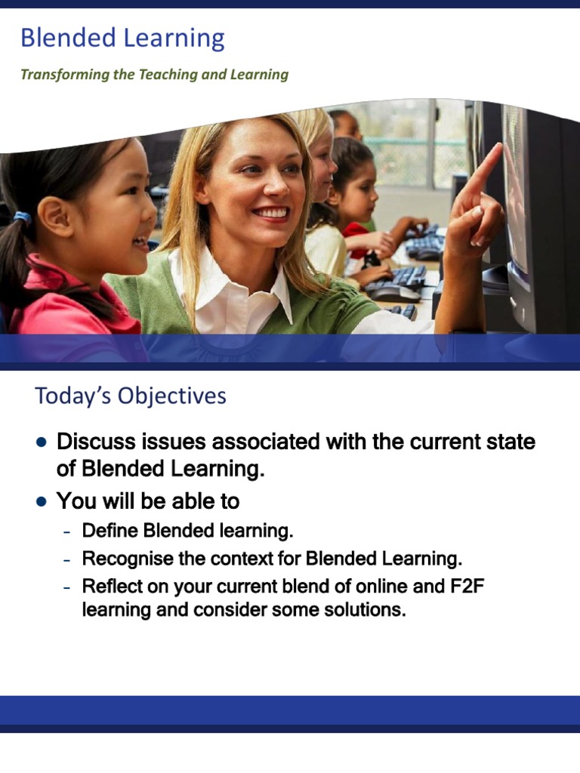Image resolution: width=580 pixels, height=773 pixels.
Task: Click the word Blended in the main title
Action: click(x=67, y=38)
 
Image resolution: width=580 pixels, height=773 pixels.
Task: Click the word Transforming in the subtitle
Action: click(x=57, y=75)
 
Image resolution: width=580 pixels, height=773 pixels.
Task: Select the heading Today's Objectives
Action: click(x=130, y=396)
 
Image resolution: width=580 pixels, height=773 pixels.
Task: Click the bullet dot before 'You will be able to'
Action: click(x=42, y=500)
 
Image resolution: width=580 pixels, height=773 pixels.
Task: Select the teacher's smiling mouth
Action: click(x=270, y=213)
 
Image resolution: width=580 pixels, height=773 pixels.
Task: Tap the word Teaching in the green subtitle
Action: click(x=165, y=75)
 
